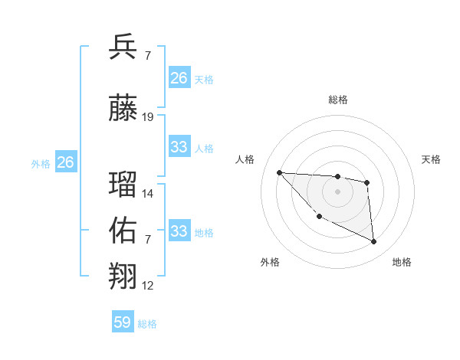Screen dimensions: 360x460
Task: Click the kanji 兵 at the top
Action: [x=123, y=47]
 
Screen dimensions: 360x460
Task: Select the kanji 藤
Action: [x=123, y=108]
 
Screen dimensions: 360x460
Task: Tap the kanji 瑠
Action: [x=123, y=185]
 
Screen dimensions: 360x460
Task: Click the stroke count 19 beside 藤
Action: [x=148, y=117]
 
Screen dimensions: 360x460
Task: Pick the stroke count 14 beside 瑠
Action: [x=148, y=194]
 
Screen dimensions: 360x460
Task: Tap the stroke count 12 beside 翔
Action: [x=148, y=286]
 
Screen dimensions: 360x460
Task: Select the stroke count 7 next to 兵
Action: [x=147, y=56]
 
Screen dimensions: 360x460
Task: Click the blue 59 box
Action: [x=123, y=322]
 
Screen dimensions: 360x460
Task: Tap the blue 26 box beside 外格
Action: [x=66, y=162]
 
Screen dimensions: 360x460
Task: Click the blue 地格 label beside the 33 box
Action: [x=204, y=233]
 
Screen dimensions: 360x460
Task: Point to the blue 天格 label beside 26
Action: [x=204, y=80]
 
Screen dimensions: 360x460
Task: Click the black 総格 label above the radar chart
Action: [x=338, y=100]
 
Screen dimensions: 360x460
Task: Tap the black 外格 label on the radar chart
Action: [x=270, y=262]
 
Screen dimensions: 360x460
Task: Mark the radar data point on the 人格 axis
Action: [x=279, y=172]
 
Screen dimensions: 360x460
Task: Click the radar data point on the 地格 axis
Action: [x=374, y=242]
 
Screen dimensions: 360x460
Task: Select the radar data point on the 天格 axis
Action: [x=367, y=182]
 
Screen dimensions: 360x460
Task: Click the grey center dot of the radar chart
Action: [x=337, y=191]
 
